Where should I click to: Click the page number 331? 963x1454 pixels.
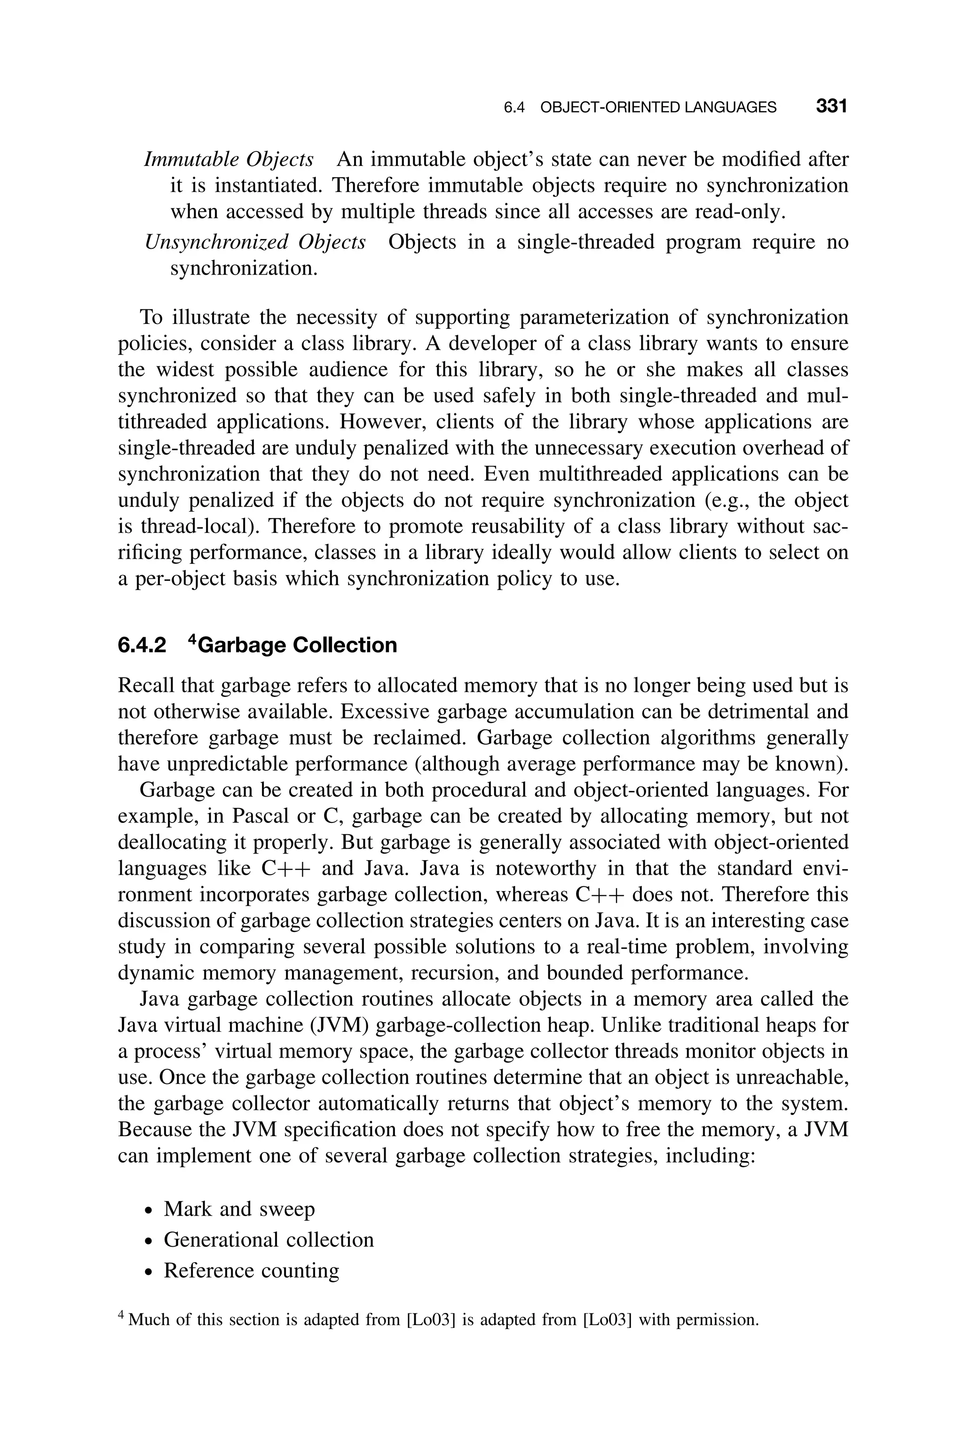(x=831, y=106)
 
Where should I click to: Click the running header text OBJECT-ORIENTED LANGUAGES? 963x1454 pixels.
(x=658, y=108)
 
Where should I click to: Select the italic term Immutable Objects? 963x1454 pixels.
(x=229, y=159)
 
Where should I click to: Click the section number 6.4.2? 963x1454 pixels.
(x=142, y=645)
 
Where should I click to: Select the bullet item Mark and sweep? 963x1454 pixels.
(x=239, y=1209)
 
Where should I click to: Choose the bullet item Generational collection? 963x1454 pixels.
(x=268, y=1240)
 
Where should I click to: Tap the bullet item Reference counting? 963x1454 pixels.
(x=251, y=1271)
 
